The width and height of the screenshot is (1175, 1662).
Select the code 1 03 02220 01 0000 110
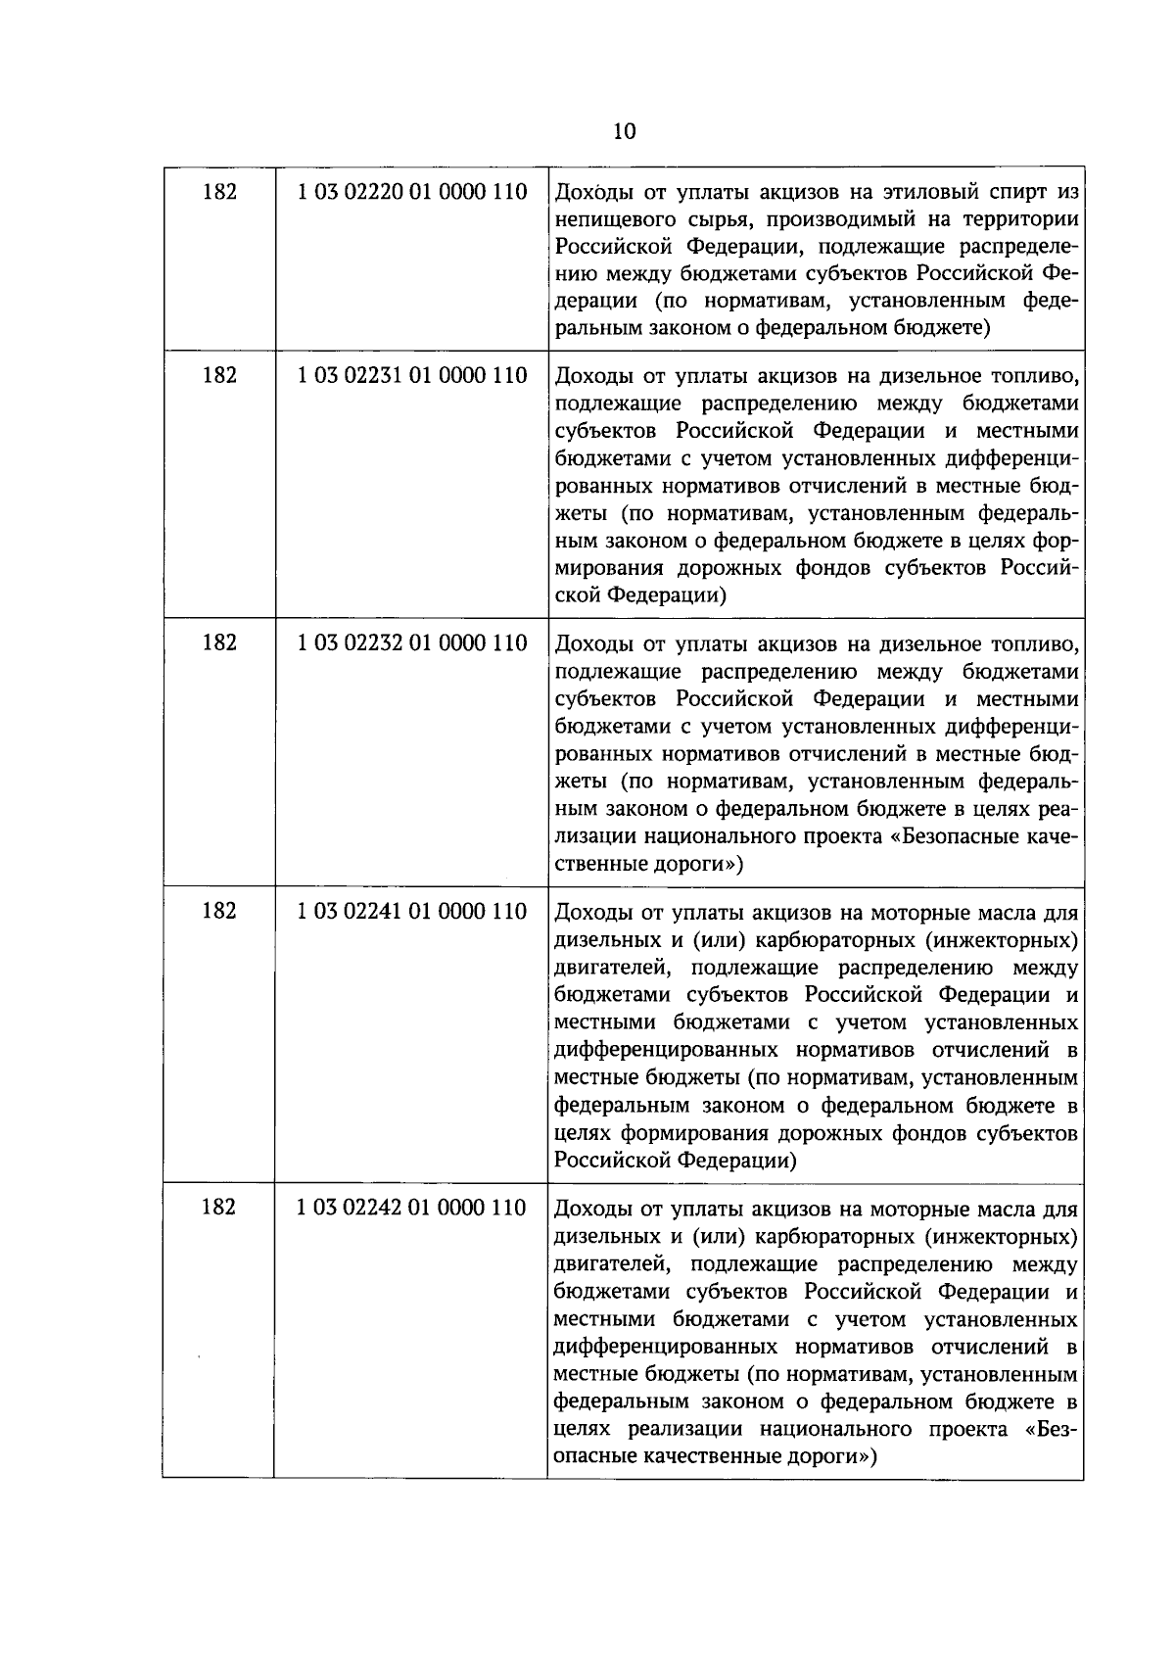(x=412, y=192)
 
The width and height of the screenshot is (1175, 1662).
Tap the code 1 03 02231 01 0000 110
(x=412, y=375)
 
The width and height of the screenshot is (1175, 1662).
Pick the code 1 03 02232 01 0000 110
(x=412, y=643)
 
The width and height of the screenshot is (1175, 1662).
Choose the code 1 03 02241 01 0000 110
(x=412, y=912)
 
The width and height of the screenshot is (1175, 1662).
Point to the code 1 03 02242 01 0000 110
(x=412, y=1208)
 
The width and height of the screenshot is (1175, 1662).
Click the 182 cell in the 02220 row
(x=218, y=192)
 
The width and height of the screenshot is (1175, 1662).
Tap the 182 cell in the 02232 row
(x=218, y=643)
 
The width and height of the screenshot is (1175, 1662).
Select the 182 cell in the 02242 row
(x=218, y=1208)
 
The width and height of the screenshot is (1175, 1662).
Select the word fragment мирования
(x=609, y=568)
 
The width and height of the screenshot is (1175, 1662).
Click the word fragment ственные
(x=598, y=865)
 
